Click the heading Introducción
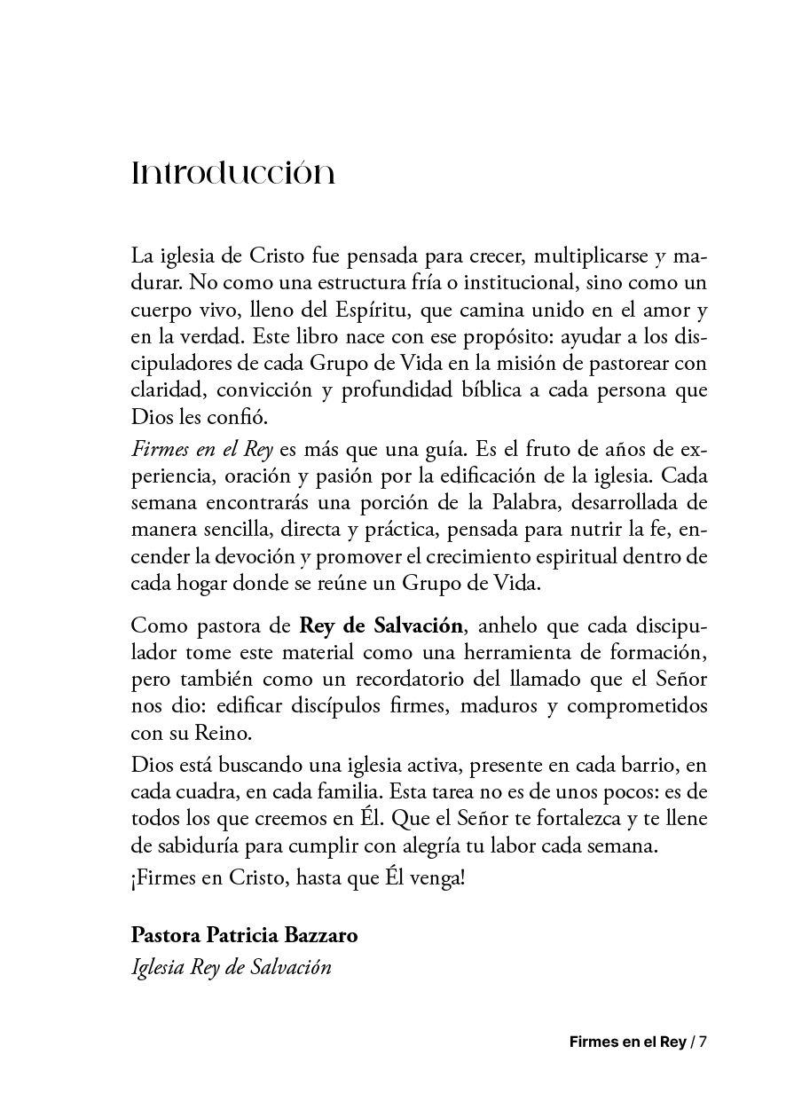click(x=232, y=173)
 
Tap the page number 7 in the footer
click(x=703, y=1042)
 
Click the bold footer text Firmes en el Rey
click(x=627, y=1042)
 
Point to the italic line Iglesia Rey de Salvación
click(x=231, y=966)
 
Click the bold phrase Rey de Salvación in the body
click(x=381, y=625)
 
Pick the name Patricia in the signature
click(x=244, y=936)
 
